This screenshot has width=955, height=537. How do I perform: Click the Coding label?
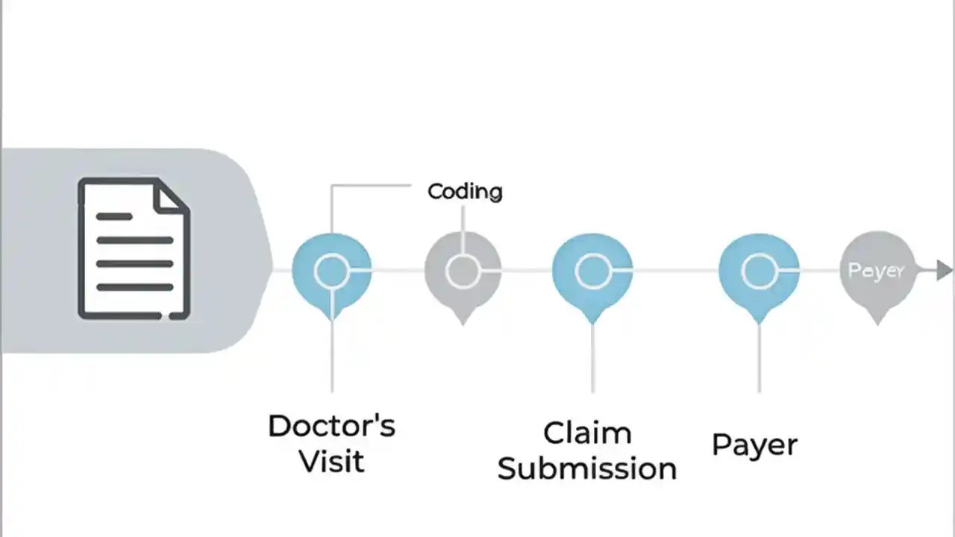pos(465,192)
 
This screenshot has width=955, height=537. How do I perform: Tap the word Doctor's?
pos(331,426)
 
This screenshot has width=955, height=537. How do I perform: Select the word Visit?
pos(331,461)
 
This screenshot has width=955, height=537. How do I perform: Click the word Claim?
pos(587,433)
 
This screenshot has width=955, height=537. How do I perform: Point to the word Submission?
pos(587,468)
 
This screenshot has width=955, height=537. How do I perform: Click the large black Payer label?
pos(754,445)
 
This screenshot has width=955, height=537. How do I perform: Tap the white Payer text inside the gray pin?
pos(876,271)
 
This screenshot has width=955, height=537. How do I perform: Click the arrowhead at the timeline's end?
pos(944,271)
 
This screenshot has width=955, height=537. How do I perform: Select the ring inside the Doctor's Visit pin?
pos(331,271)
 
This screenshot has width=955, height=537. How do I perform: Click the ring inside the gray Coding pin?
pos(463,271)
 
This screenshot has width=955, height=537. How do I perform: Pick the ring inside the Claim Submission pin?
pos(592,271)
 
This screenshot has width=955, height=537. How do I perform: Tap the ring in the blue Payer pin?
pos(759,271)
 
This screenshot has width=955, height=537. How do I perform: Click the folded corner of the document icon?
pos(170,195)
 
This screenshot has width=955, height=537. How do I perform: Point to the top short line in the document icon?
pos(114,216)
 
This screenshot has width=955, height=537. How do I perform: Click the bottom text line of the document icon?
pos(134,286)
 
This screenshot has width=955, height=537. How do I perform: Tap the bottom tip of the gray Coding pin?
pos(463,321)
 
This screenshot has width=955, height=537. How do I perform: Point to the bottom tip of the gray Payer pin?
pos(877,321)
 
